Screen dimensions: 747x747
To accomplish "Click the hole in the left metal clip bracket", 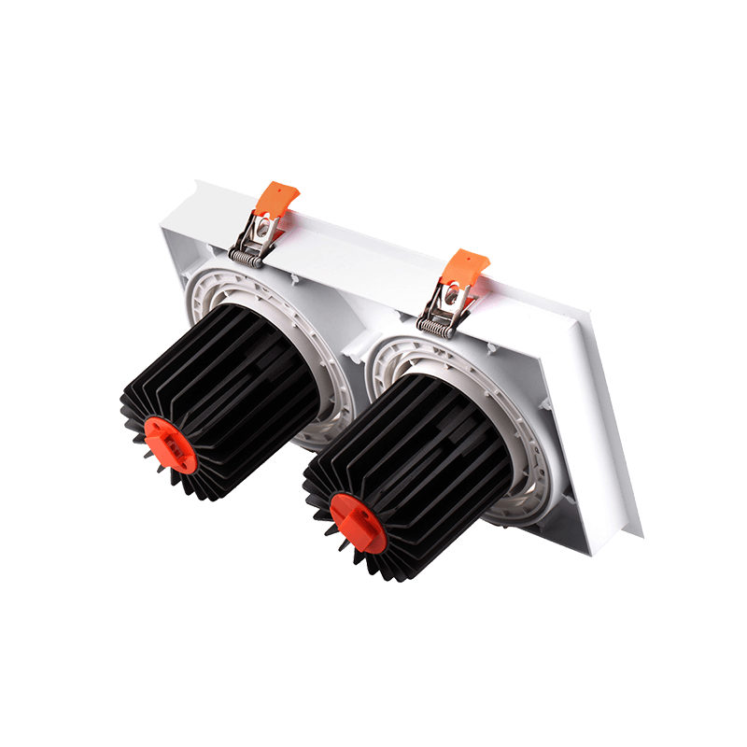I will (x=265, y=224).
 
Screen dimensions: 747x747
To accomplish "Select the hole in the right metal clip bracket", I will (x=451, y=297).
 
